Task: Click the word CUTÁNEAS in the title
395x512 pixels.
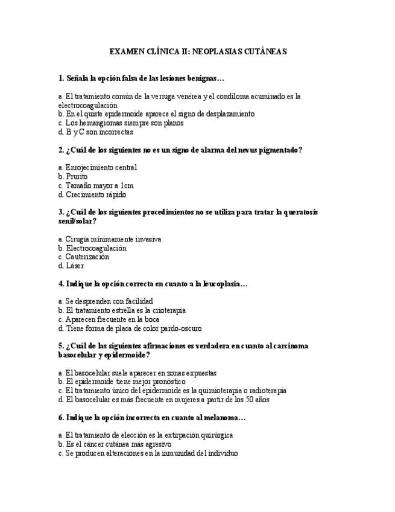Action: click(265, 52)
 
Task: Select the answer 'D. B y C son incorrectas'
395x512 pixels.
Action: click(96, 132)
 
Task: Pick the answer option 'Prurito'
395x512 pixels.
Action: click(72, 176)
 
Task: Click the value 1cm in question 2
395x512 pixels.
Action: click(127, 185)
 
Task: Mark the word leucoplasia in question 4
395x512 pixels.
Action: click(221, 283)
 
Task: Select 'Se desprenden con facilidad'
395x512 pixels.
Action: click(106, 301)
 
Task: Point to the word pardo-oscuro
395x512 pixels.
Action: click(180, 328)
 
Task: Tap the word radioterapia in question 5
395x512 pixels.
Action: click(265, 390)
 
